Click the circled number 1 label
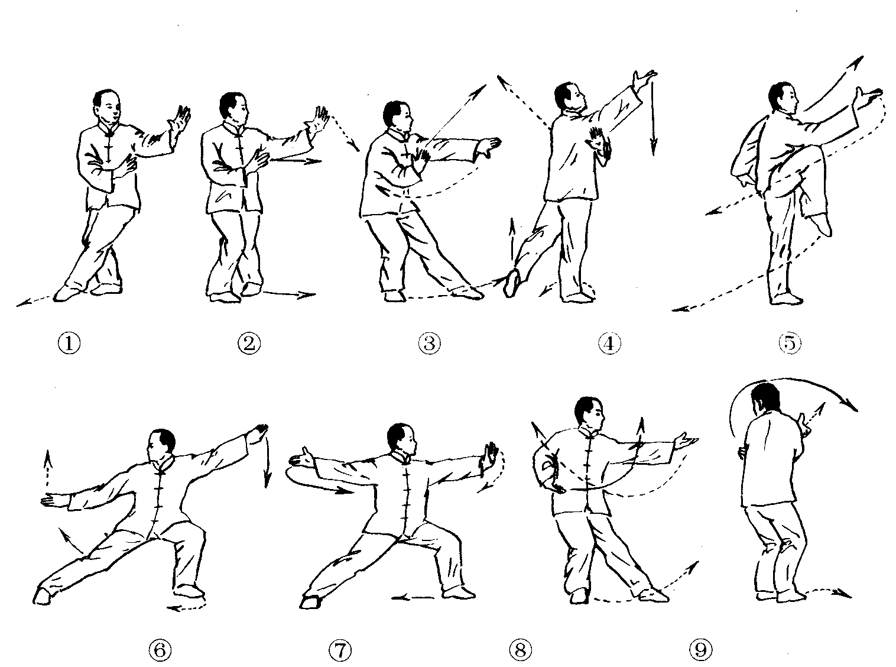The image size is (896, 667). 69,344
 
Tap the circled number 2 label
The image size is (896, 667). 249,344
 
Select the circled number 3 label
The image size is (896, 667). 430,344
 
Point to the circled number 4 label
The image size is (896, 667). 609,344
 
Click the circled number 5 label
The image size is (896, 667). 790,344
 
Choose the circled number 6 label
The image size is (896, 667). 160,650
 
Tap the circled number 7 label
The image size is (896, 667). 340,650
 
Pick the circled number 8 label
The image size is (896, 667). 520,650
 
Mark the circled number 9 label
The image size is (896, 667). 701,650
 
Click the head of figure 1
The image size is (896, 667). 108,106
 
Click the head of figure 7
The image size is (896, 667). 401,441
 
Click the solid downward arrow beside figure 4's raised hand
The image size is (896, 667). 653,117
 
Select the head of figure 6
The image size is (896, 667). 161,446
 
